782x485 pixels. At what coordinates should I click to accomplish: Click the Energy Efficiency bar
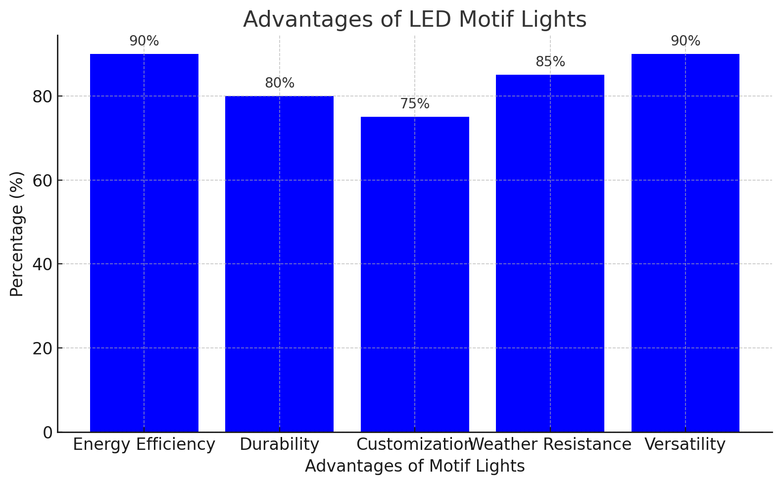pos(144,242)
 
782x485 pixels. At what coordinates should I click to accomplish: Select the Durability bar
pos(279,264)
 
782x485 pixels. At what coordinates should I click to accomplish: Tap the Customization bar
pos(415,274)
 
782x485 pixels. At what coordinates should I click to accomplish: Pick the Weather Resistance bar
pos(550,253)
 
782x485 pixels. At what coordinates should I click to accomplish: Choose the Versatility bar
pos(685,242)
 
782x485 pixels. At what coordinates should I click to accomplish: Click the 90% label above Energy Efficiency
pos(144,42)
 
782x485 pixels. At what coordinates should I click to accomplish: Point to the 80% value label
pos(280,84)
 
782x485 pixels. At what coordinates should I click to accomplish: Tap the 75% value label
pos(415,104)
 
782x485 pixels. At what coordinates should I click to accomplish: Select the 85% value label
pos(550,62)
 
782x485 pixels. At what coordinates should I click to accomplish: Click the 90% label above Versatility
pos(685,42)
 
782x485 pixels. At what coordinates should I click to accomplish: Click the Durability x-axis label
pos(279,445)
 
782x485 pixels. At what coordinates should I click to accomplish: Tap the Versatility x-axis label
pos(685,445)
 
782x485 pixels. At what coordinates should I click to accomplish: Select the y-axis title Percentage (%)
pos(17,234)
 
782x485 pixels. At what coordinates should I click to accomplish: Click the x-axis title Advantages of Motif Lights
pos(415,467)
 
